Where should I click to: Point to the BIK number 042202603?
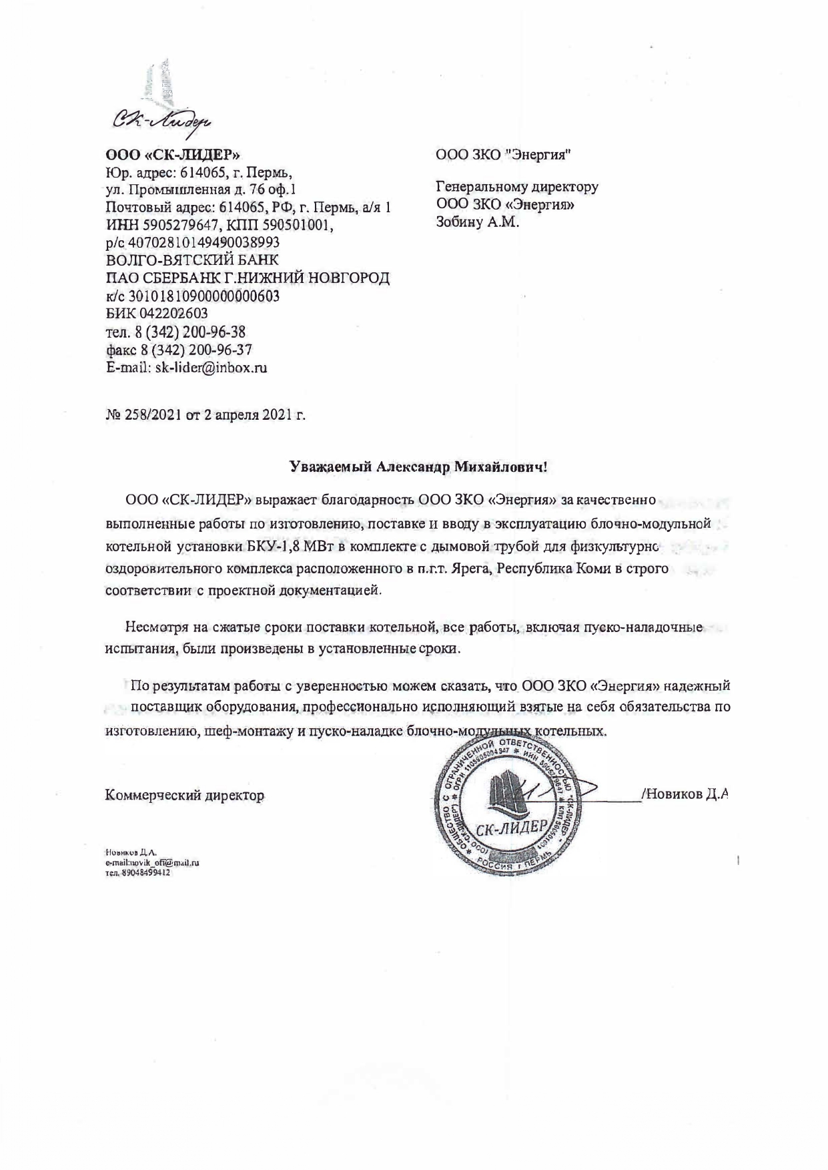pyautogui.click(x=169, y=313)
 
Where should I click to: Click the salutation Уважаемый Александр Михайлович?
pyautogui.click(x=418, y=467)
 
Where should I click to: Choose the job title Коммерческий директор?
pyautogui.click(x=185, y=795)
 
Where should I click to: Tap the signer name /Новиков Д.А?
pyautogui.click(x=682, y=794)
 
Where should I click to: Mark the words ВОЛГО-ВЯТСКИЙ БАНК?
pyautogui.click(x=193, y=260)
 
